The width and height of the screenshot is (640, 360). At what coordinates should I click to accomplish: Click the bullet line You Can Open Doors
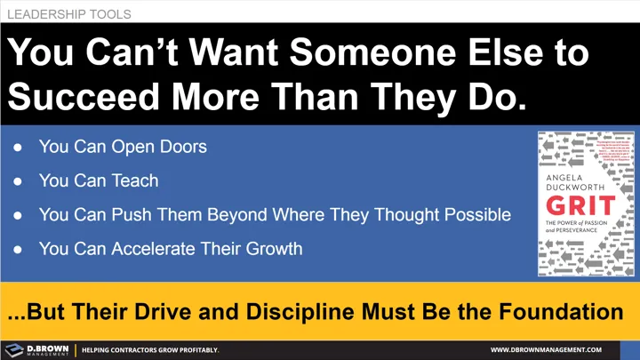pyautogui.click(x=123, y=147)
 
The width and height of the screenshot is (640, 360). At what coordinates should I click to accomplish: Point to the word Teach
pyautogui.click(x=135, y=180)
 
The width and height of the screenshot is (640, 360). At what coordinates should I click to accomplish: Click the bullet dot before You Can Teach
pyautogui.click(x=18, y=181)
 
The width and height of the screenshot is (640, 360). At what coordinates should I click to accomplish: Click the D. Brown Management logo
pyautogui.click(x=36, y=349)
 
